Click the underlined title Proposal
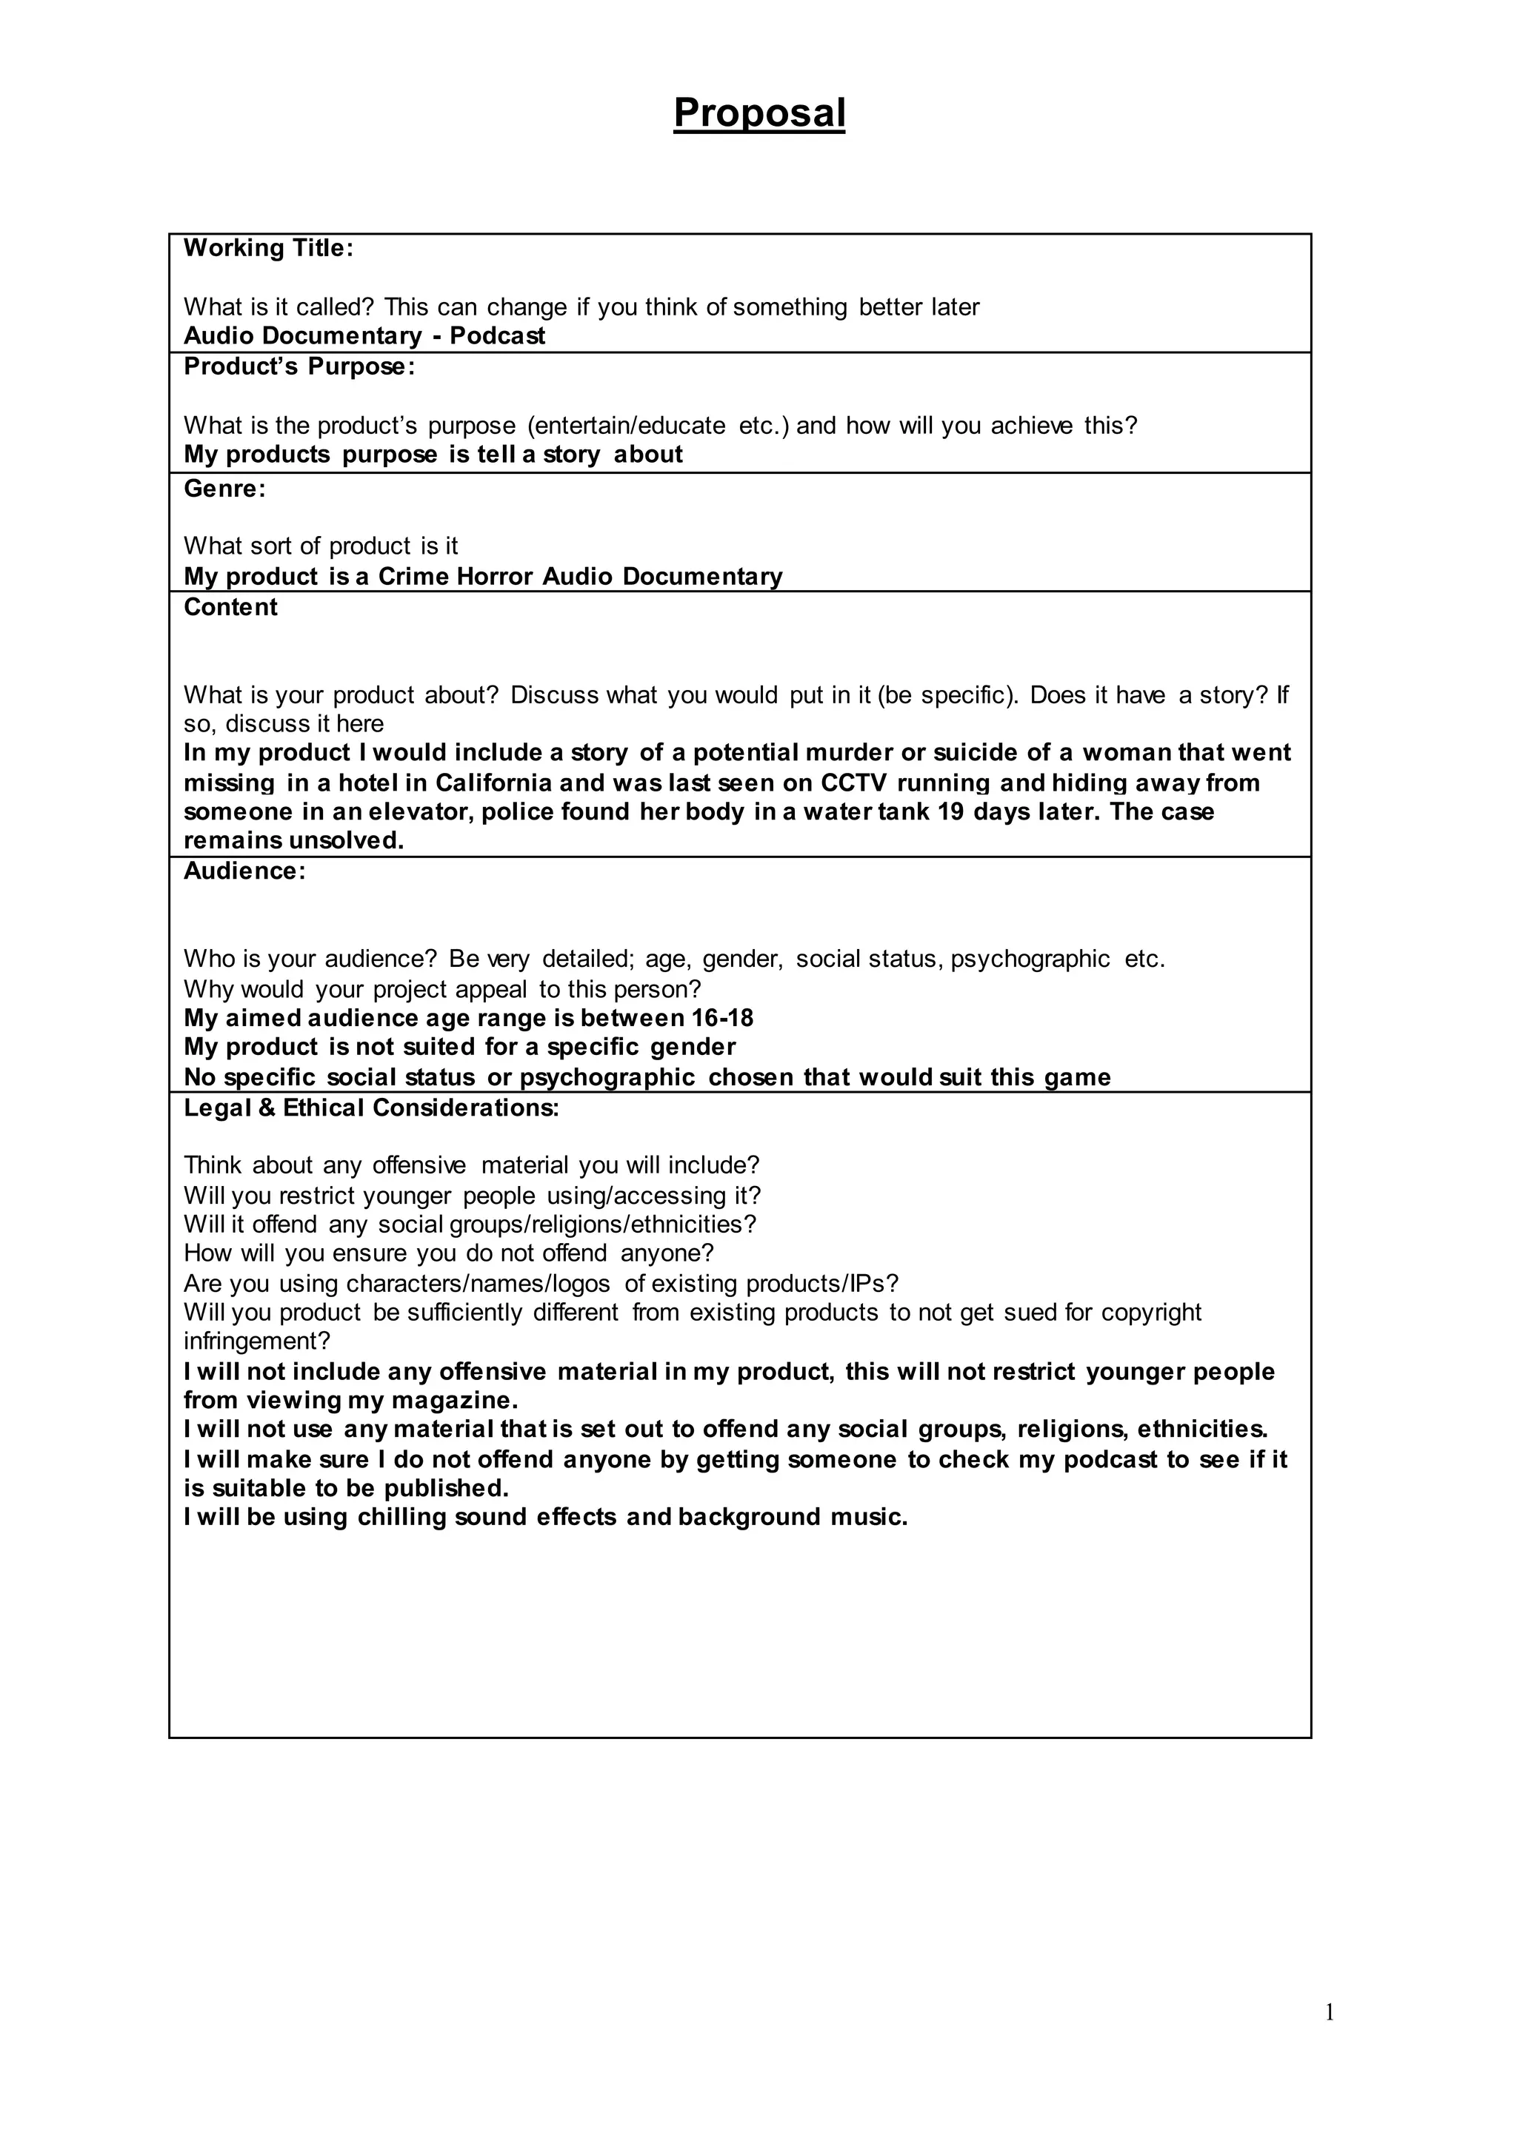point(758,114)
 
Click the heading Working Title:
point(268,249)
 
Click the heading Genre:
point(224,489)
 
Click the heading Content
point(230,607)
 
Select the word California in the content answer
point(493,783)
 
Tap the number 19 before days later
point(950,811)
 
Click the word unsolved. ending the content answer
point(346,840)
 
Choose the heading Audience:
point(244,871)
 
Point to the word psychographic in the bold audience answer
point(607,1078)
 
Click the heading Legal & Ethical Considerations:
point(371,1108)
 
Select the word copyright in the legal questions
point(1151,1312)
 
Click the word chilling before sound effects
point(401,1518)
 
